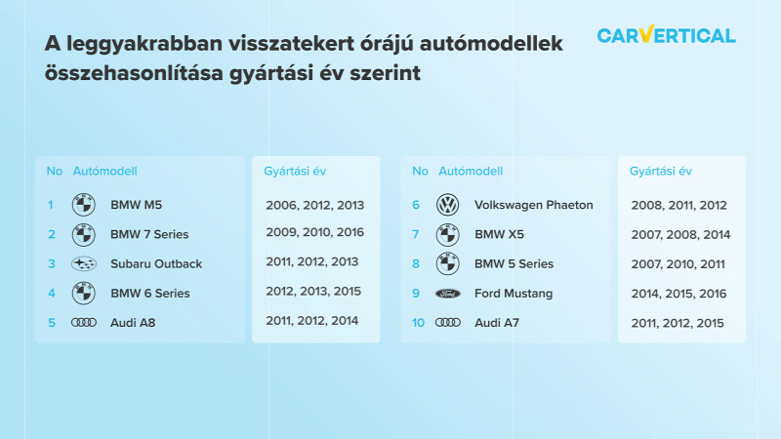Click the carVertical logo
[666, 35]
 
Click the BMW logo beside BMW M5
[84, 205]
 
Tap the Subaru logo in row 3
[84, 263]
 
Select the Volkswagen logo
[448, 205]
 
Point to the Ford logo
[448, 294]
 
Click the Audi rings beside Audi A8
[84, 323]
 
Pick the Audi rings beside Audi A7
[448, 323]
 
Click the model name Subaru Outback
[156, 263]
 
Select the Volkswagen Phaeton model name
[533, 205]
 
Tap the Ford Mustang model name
[514, 294]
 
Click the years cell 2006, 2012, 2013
[314, 205]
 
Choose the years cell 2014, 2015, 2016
[678, 294]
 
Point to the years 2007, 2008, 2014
[680, 234]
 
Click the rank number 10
[418, 323]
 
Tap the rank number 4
[52, 294]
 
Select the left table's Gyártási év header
[295, 172]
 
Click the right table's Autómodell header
[471, 172]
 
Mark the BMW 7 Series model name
[149, 234]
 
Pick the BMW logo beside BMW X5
[448, 234]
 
